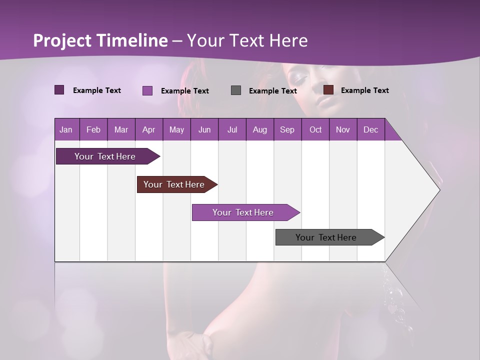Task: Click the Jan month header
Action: click(66, 129)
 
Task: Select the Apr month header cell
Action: click(149, 129)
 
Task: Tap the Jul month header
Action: click(232, 129)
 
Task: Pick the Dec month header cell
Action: click(370, 129)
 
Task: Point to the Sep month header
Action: click(287, 129)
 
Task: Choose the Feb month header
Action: click(93, 129)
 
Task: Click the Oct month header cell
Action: click(315, 129)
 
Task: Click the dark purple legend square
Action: click(59, 90)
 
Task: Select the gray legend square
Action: click(236, 90)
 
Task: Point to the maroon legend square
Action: click(328, 90)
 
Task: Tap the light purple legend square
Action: click(147, 90)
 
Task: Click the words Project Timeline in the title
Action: click(100, 40)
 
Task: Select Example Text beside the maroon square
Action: click(364, 90)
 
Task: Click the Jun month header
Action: click(204, 129)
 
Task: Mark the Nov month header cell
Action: click(343, 129)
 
